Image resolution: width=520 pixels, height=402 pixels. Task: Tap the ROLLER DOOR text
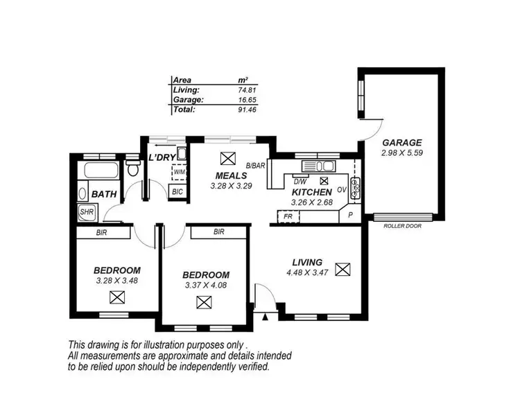pos(403,225)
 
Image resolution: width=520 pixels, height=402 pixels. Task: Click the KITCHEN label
pos(312,192)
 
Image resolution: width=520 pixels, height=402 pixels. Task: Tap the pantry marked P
pos(350,216)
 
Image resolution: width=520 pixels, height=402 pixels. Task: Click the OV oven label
pos(341,189)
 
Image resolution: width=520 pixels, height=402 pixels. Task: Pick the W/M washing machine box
pos(179,172)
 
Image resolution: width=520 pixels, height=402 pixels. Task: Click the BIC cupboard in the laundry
pos(177,191)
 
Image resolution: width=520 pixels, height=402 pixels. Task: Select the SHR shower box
pos(87,212)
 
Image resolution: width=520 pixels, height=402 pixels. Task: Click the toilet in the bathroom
pos(132,170)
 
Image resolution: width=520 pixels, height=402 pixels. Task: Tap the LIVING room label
pos(306,262)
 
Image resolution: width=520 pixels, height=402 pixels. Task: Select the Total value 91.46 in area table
pos(246,109)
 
